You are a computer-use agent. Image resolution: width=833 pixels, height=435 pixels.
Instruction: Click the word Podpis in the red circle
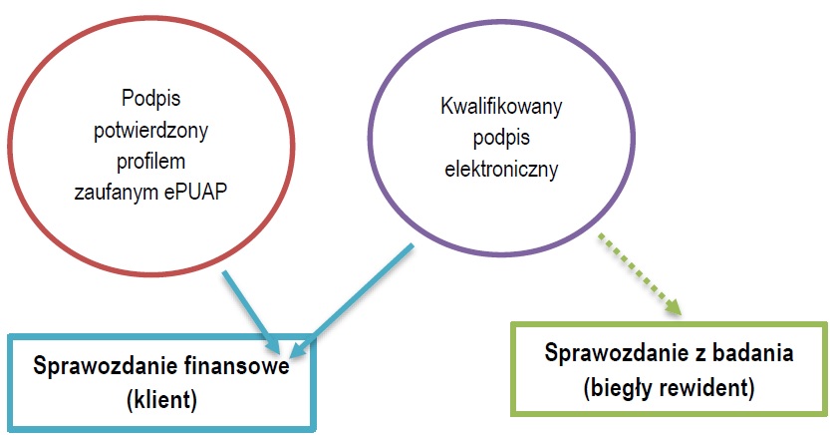point(147,101)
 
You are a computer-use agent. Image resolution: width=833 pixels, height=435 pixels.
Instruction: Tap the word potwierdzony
point(147,131)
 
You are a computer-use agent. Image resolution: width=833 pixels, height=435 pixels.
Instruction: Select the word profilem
point(147,161)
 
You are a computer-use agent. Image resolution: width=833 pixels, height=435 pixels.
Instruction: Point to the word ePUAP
point(200,192)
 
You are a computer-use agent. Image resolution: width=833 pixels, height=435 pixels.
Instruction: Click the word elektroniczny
point(500,168)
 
